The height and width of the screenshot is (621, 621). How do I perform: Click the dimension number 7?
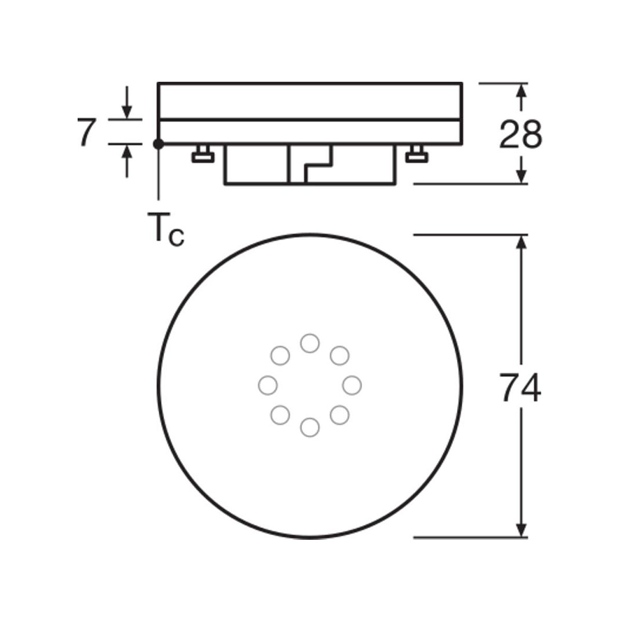[x=86, y=132]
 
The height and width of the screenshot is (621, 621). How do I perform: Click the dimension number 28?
[x=521, y=135]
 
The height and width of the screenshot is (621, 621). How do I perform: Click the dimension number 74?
[x=521, y=387]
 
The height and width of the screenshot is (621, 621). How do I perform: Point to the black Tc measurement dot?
[x=159, y=144]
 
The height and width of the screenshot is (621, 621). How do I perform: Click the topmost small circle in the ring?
[x=309, y=343]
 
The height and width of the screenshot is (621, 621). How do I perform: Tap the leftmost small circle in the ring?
[x=267, y=385]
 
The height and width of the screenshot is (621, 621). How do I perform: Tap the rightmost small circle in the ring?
[x=352, y=385]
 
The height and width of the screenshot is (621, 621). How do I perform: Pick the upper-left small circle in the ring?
[x=280, y=356]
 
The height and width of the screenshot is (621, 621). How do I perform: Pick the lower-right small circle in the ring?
[x=339, y=415]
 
